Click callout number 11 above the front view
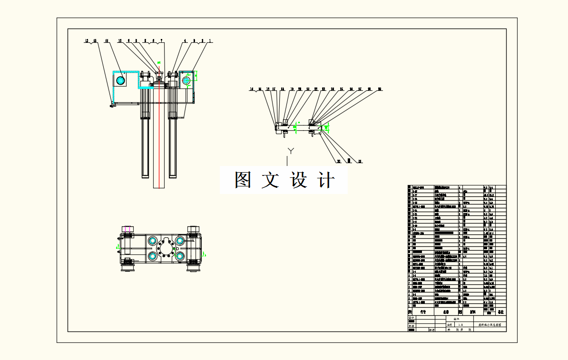pos(107,41)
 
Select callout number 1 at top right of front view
pos(210,41)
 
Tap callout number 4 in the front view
pos(185,41)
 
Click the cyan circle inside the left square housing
pos(120,80)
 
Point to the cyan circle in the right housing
pos(186,80)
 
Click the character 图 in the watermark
pos(243,180)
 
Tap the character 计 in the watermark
pos(325,180)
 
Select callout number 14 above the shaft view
pos(259,89)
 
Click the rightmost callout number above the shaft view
pos(380,89)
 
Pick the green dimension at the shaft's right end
pos(327,127)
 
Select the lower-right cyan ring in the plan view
pos(180,256)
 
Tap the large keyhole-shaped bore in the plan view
pos(166,248)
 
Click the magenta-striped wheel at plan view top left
pos(127,229)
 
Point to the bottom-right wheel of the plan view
pos(193,269)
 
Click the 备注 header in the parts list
pos(500,312)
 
